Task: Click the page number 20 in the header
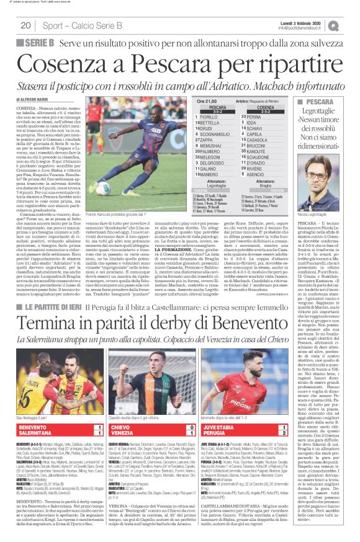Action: point(25,25)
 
